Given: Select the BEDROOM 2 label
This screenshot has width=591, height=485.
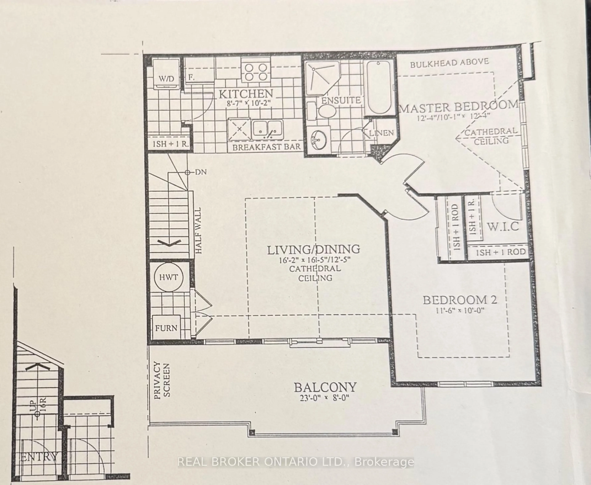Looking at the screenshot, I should (460, 300).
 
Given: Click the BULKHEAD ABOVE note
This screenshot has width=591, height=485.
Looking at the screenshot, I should (449, 63).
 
